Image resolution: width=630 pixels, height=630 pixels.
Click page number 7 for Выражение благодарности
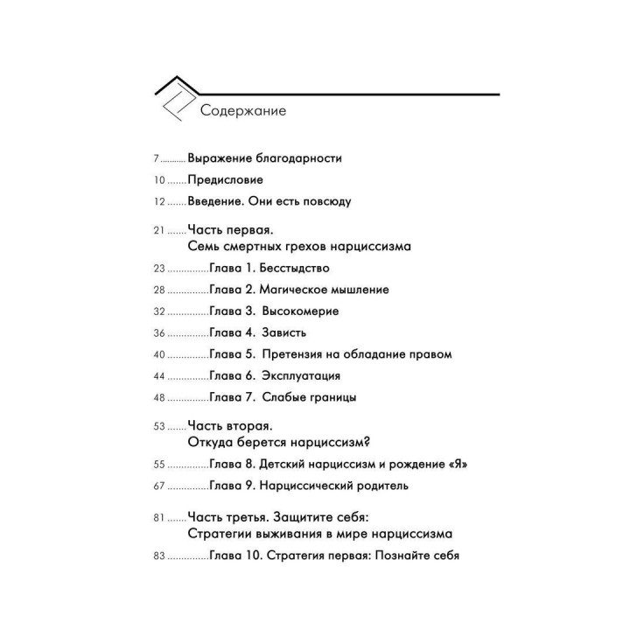coord(156,158)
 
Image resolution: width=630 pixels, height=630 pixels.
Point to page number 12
coord(158,201)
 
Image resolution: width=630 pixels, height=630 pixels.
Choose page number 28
coord(158,290)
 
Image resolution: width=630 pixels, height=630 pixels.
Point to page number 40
coord(158,355)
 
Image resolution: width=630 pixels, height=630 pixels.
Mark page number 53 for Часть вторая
coord(158,427)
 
